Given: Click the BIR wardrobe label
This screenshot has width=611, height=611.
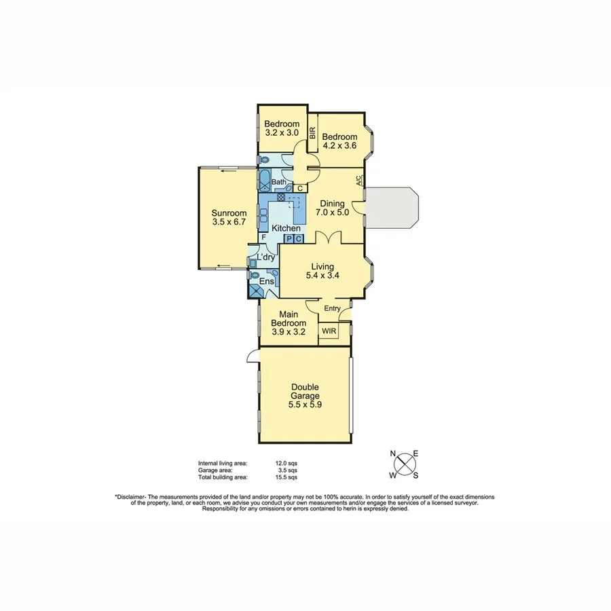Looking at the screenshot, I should [x=313, y=133].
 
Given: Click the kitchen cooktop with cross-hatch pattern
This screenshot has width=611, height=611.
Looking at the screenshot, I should [x=280, y=197].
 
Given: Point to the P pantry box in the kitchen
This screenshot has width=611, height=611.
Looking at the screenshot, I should [x=289, y=239].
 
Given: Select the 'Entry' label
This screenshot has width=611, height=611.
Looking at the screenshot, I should [x=332, y=308].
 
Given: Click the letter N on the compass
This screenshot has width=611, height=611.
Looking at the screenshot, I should [x=392, y=454].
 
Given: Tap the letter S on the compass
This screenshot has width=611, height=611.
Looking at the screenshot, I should [x=415, y=475].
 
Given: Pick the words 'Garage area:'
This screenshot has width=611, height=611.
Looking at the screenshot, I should [x=215, y=470].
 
